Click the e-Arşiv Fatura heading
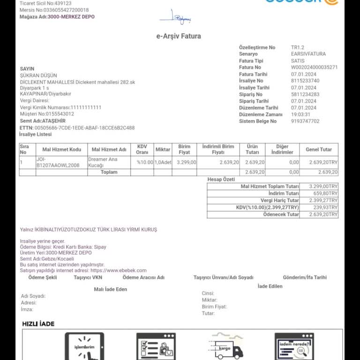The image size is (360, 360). click(x=179, y=36)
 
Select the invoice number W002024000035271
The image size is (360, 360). click(x=314, y=67)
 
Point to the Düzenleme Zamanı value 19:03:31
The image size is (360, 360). click(x=300, y=114)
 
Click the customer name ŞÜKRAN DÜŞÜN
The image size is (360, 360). click(x=38, y=75)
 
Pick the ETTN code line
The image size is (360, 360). click(x=77, y=127)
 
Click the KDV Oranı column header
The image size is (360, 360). click(x=142, y=150)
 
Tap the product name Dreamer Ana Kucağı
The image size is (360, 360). click(x=103, y=162)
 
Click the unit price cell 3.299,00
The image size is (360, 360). click(x=186, y=162)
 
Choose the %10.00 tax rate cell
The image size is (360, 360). click(x=145, y=162)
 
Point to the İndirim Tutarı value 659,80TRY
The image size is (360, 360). click(x=323, y=194)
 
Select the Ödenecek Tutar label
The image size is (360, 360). click(x=281, y=215)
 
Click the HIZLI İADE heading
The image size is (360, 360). click(x=38, y=324)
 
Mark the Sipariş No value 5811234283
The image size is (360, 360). click(x=305, y=94)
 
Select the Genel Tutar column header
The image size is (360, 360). click(x=319, y=150)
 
